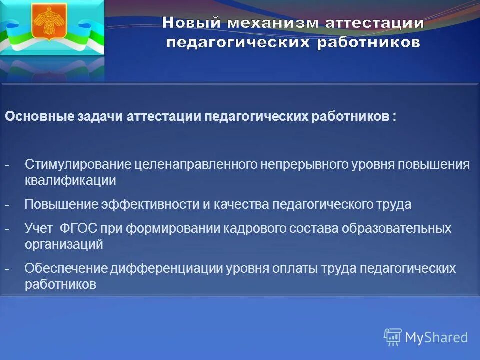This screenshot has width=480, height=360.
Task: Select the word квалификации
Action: (70, 180)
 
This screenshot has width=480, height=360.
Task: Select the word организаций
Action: (64, 244)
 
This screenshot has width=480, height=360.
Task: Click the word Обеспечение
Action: (66, 268)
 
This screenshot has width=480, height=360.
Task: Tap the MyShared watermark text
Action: (436, 337)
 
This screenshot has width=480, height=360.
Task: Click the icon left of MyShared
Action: (392, 337)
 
